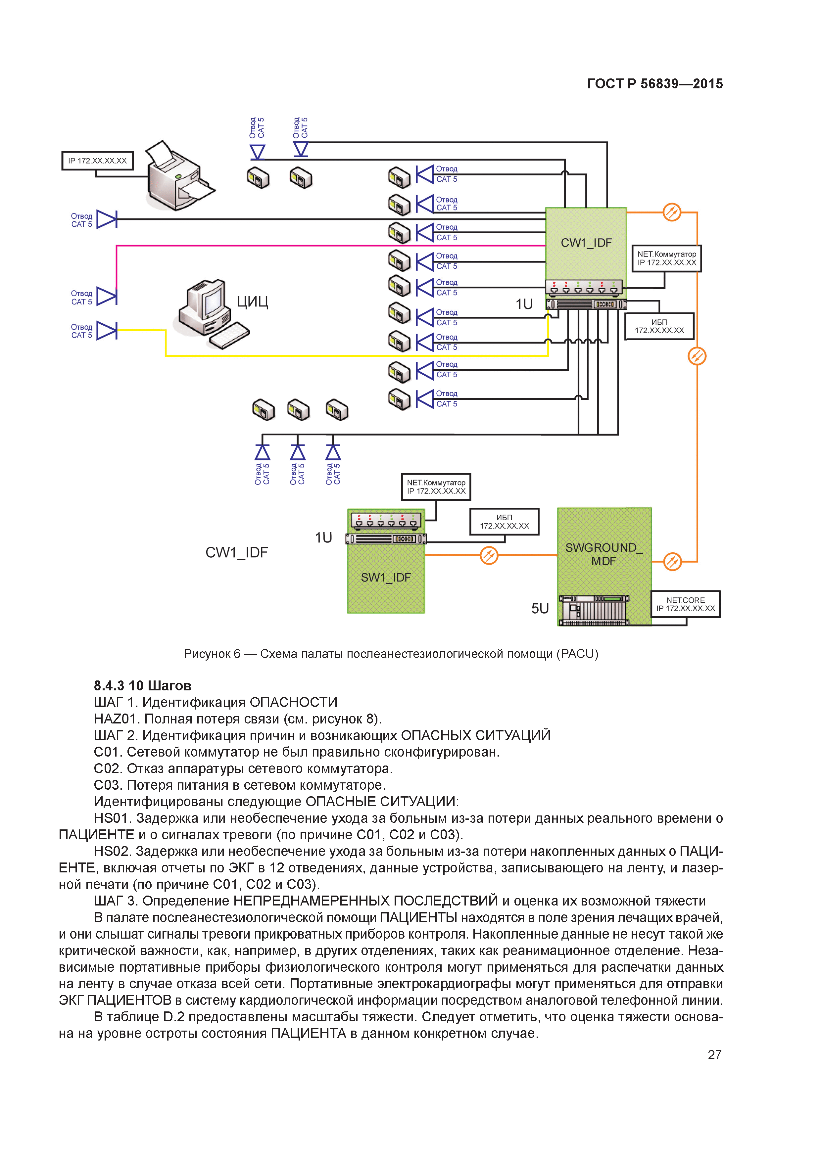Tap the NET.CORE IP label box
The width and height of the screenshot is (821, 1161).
pos(685,604)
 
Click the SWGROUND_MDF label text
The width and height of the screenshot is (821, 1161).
pos(604,554)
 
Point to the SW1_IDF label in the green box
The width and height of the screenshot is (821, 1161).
pos(385,578)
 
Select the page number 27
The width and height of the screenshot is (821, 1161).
pos(714,1054)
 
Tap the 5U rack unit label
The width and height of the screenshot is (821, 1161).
pos(540,608)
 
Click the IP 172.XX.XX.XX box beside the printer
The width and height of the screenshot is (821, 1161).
pos(98,161)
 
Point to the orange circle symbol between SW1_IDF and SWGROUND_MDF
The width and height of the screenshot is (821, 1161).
pos(489,555)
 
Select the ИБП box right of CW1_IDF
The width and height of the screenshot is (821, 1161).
pos(659,326)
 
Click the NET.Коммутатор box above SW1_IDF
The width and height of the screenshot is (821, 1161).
pos(436,487)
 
